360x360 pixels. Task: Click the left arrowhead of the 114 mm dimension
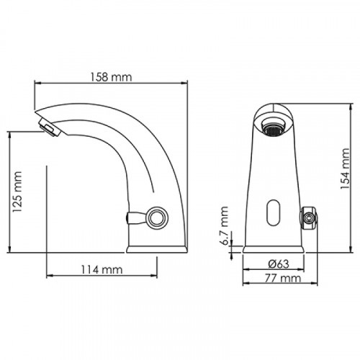tap(49, 276)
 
